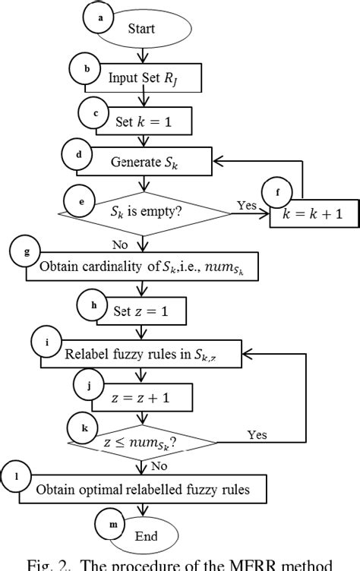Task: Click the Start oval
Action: [x=145, y=30]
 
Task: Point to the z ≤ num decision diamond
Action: [x=144, y=443]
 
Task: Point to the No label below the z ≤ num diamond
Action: [x=160, y=465]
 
